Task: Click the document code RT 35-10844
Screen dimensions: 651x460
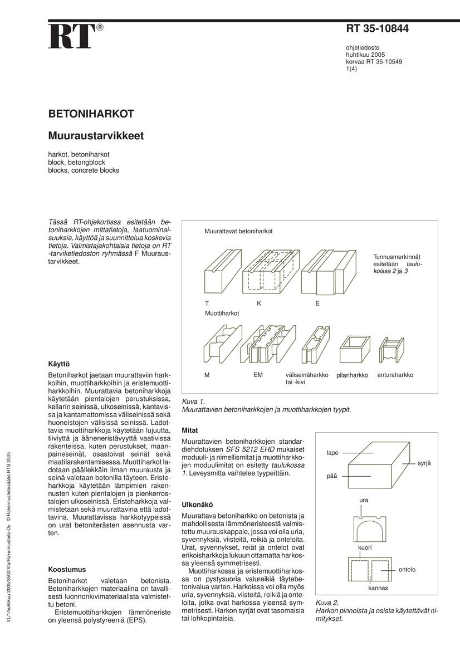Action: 378,29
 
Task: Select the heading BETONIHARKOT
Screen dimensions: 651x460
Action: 91,114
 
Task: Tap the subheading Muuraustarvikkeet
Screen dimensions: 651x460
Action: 96,135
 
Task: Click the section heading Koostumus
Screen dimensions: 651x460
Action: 67,570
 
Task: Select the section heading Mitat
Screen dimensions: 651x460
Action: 191,430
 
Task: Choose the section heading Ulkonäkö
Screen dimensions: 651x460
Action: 198,505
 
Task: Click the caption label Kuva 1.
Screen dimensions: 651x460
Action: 194,401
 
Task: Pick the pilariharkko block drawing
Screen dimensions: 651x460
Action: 353,349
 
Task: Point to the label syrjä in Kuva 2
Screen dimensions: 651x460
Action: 424,463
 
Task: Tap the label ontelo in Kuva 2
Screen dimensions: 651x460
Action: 407,570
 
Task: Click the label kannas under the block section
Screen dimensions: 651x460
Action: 378,588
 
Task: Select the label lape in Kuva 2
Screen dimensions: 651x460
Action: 332,453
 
